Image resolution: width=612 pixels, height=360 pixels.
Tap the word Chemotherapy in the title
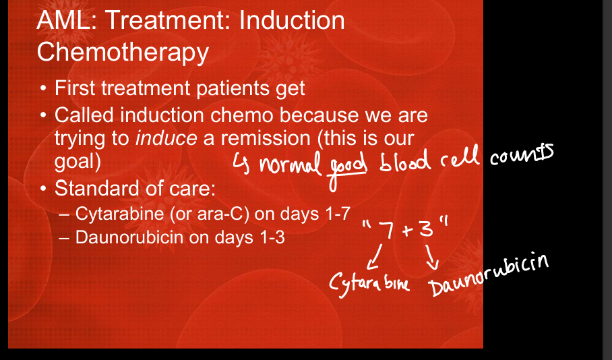(123, 53)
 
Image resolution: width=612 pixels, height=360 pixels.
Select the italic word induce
(166, 138)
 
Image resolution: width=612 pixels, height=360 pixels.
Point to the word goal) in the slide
(78, 162)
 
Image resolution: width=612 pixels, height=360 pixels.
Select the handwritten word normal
(290, 164)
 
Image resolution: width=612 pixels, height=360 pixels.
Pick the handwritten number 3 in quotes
(426, 227)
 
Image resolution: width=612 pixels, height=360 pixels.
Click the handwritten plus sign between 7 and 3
(407, 231)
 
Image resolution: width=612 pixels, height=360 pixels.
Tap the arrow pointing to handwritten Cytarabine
(375, 258)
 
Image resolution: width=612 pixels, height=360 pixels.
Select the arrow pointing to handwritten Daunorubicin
(431, 258)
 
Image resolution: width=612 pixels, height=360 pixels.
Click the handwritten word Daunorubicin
(489, 275)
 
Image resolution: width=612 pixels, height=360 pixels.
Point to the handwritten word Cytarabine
(369, 283)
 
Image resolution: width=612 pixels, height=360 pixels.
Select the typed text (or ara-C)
(209, 214)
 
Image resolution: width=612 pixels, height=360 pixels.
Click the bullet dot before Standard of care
(44, 189)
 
